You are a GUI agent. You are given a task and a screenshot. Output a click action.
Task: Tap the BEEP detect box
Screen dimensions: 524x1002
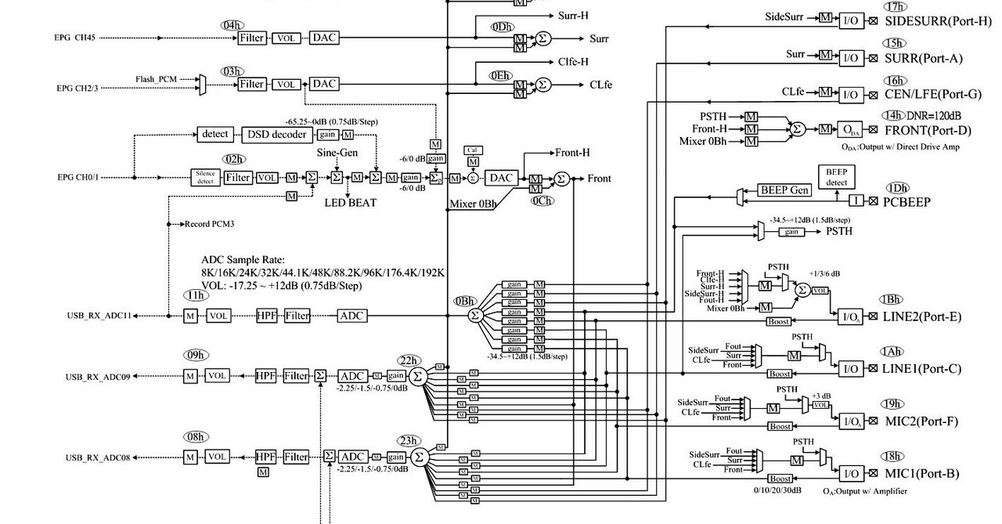tap(836, 177)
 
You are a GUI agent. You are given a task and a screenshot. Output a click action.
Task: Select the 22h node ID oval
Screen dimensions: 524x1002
tap(407, 360)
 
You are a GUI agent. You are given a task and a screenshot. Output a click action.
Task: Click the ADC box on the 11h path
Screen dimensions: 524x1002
tap(352, 316)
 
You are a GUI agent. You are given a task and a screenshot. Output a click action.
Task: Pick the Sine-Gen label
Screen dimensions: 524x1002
tap(337, 152)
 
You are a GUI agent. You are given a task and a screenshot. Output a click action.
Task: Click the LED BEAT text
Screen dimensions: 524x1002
tap(350, 203)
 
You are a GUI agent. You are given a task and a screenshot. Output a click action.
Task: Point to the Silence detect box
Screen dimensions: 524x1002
tap(206, 178)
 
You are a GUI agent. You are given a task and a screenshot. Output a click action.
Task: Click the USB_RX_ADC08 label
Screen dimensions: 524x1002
tap(97, 457)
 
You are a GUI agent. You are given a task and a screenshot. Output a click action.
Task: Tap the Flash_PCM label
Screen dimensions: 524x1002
tap(156, 79)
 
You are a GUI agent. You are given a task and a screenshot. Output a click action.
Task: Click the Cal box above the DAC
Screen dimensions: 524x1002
tap(473, 150)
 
